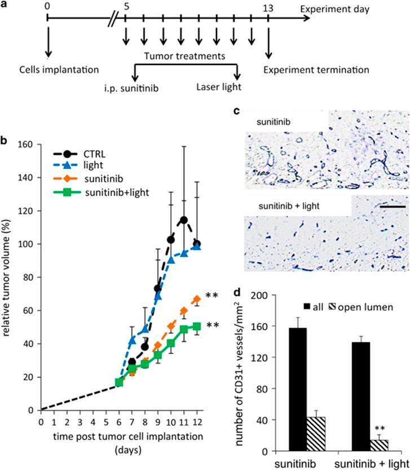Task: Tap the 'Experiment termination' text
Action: pos(319,71)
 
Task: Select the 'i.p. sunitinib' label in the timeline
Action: pos(136,87)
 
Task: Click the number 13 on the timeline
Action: pos(268,7)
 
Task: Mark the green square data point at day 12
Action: pos(197,326)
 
